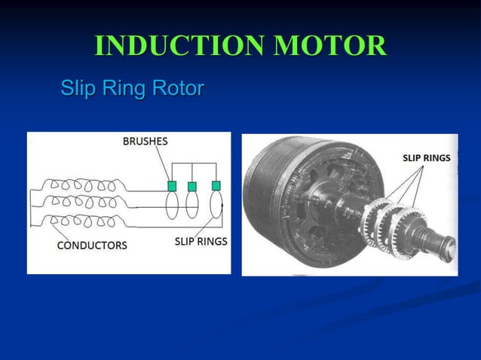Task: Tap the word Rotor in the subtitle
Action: [x=178, y=89]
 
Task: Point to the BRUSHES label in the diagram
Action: [x=146, y=141]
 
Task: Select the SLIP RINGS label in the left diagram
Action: [x=201, y=242]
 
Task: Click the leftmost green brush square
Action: [x=172, y=185]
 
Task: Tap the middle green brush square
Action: [x=192, y=186]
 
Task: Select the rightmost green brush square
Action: [x=216, y=185]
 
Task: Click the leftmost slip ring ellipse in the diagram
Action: [x=172, y=205]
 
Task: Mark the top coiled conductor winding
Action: [x=79, y=185]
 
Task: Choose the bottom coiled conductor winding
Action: [x=79, y=221]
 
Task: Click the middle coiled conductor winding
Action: [x=79, y=203]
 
